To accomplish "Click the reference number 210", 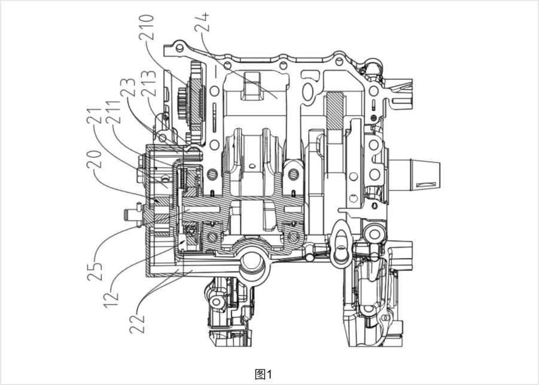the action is (146, 27).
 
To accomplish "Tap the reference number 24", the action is (202, 22).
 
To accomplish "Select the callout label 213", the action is (149, 84).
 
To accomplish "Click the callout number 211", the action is (114, 112).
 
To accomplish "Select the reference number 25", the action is (95, 271).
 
